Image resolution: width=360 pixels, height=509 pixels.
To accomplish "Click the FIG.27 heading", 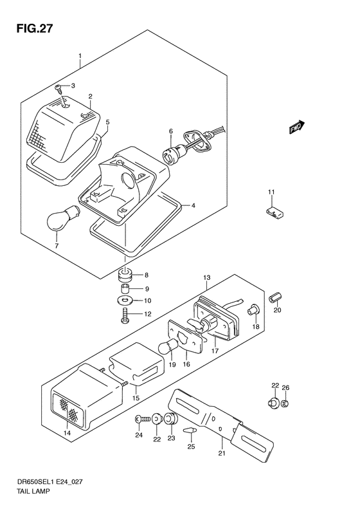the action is [x=34, y=29].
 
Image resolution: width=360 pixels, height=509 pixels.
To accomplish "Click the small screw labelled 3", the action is [x=59, y=88].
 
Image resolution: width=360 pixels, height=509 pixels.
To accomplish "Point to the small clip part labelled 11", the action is [x=274, y=212].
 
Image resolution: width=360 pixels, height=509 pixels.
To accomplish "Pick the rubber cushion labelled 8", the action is [x=125, y=275].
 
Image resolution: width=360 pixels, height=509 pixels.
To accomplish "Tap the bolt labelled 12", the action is [x=125, y=315].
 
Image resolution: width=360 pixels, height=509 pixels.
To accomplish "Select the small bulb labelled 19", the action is [x=168, y=347].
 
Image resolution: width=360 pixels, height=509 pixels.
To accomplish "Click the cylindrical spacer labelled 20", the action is [x=276, y=297].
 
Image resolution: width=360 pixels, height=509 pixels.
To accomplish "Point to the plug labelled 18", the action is [x=253, y=309].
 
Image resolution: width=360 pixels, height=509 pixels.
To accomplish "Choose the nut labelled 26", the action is [x=285, y=404].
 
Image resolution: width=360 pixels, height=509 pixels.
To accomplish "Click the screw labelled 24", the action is [x=142, y=420].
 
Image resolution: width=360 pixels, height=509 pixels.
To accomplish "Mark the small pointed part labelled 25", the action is [x=190, y=430].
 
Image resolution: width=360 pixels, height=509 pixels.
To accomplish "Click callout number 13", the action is [x=207, y=277].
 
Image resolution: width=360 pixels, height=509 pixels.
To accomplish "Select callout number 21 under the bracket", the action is [x=222, y=453].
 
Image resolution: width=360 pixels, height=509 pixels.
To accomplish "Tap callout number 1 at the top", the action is [x=80, y=56].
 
